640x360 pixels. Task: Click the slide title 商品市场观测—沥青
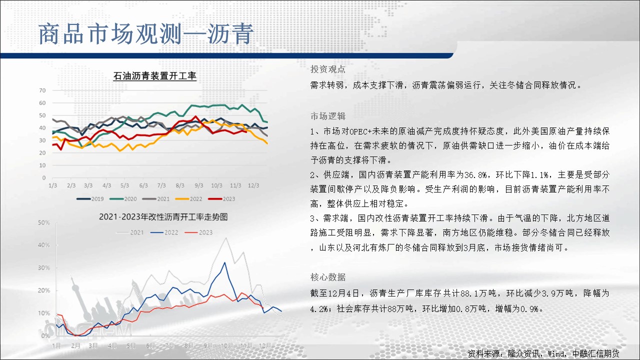(146, 34)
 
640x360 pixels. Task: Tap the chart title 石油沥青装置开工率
(155, 75)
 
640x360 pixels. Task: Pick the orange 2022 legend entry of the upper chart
(188, 199)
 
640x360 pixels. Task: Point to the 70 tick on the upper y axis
(42, 90)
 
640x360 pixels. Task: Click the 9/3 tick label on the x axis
(199, 185)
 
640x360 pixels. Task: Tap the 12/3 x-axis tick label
(253, 185)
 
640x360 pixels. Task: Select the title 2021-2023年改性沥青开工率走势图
(163, 217)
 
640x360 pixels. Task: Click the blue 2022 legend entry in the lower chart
(164, 232)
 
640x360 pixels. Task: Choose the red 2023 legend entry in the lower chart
(199, 232)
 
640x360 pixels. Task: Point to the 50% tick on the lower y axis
(43, 222)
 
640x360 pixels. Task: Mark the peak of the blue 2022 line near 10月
(224, 262)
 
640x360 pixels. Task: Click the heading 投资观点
(327, 69)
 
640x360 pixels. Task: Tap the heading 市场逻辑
(327, 116)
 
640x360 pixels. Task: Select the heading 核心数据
(327, 277)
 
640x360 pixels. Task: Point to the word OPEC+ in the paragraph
(360, 131)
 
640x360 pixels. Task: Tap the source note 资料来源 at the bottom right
(543, 353)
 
